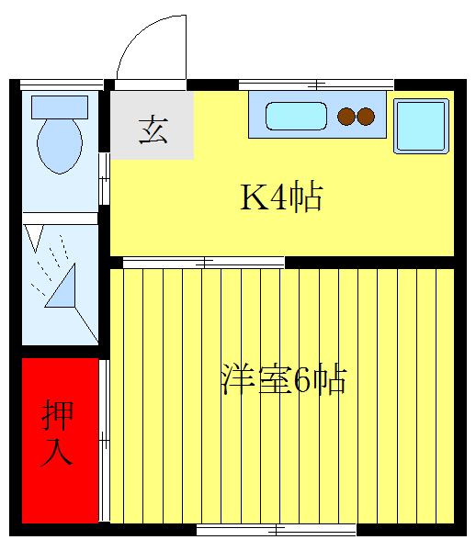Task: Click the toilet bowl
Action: click(x=61, y=145)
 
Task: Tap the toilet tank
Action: click(x=60, y=106)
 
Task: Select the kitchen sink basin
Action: click(x=296, y=117)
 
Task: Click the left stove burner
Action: click(x=346, y=117)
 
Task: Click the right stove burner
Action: click(x=366, y=117)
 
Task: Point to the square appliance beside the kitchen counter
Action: click(x=421, y=124)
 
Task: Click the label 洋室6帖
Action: click(x=283, y=379)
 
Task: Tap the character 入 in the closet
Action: click(x=57, y=455)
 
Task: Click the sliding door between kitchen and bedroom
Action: click(x=204, y=264)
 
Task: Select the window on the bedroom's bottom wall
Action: click(x=277, y=529)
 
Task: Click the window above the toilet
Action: click(x=61, y=84)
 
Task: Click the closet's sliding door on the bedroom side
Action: click(x=104, y=441)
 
